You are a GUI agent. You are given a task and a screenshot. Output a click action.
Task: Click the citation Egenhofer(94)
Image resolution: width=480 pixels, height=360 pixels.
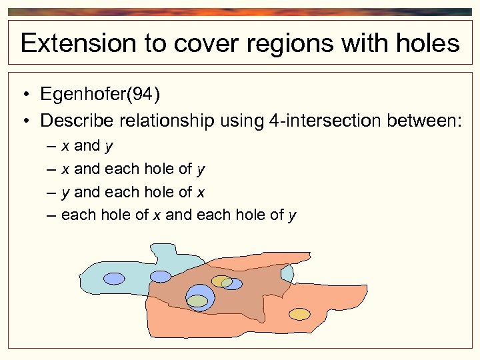100,95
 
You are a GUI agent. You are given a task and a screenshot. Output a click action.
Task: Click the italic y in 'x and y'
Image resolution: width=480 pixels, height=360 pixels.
109,146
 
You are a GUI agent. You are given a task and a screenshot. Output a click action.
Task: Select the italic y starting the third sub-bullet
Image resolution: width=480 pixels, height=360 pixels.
65,193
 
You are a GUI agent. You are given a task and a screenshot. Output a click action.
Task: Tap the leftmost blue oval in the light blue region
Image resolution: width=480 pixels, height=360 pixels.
114,278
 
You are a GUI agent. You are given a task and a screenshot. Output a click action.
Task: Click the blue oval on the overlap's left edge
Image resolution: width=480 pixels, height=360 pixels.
160,276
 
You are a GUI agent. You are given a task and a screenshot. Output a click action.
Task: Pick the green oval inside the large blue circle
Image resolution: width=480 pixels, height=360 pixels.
197,301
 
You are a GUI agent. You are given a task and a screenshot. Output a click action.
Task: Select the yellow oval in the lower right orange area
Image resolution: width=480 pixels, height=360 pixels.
299,313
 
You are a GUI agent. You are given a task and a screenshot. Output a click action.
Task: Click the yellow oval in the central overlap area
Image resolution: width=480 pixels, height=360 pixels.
221,281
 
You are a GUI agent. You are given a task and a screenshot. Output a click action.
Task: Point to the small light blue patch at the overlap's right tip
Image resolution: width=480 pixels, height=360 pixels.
287,274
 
